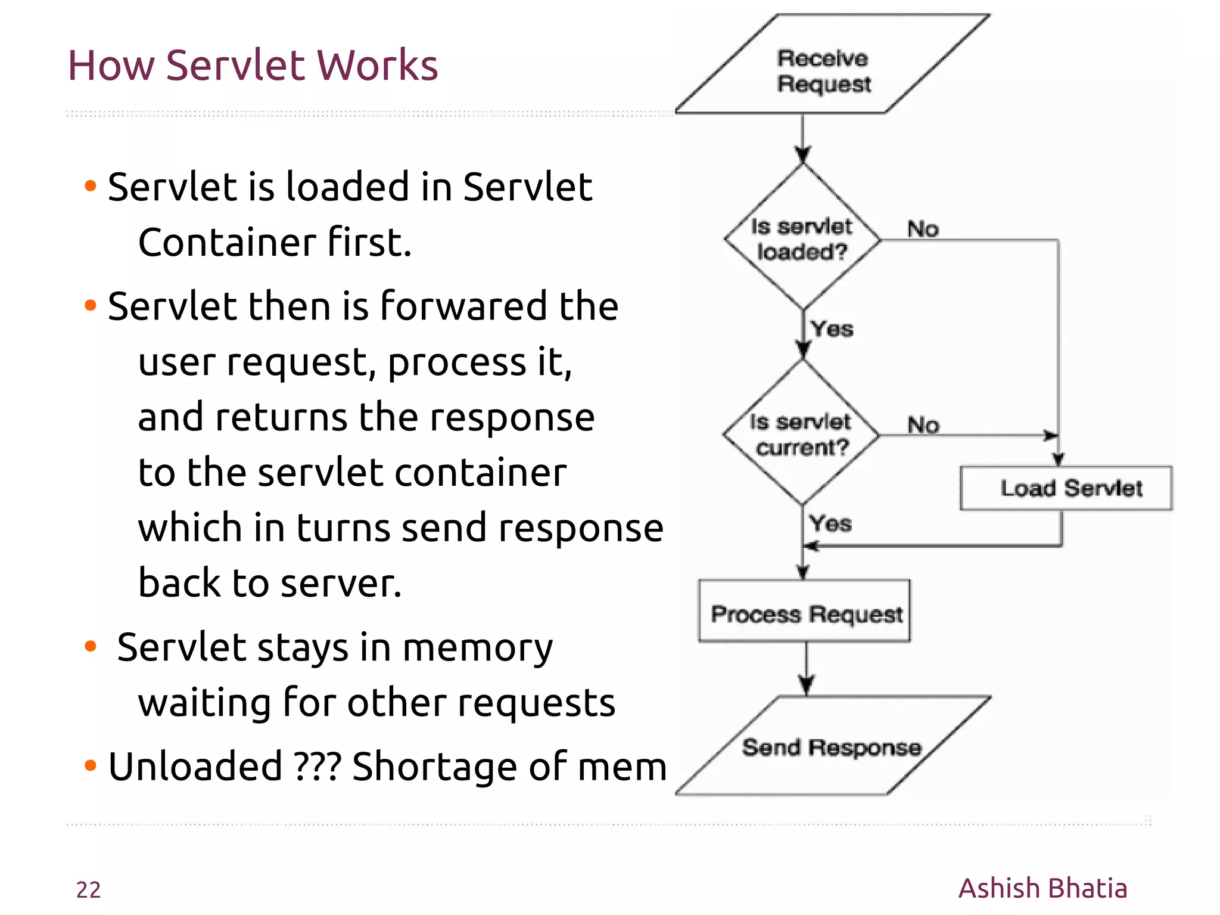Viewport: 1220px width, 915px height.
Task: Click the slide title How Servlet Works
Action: pos(253,65)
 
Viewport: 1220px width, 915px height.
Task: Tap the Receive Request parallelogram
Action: pos(825,71)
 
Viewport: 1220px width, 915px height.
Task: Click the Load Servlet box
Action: pos(1066,488)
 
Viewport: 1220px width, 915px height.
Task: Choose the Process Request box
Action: pos(805,613)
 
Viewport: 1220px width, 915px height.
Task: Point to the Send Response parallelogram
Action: pos(832,747)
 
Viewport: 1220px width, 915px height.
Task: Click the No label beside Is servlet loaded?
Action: pos(923,229)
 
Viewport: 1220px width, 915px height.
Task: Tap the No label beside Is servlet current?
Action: pos(923,425)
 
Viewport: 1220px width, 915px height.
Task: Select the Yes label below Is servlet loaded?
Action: pos(832,329)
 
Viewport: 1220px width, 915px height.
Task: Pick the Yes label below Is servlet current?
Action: pos(830,524)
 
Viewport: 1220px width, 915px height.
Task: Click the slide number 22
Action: pos(88,889)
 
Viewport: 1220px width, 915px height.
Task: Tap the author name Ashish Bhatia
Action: pos(1042,888)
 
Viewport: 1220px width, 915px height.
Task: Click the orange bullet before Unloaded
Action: pos(91,765)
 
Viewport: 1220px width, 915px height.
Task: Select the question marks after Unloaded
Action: pos(318,766)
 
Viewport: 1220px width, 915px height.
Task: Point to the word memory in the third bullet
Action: pos(478,647)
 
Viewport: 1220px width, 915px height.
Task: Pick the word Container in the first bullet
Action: pos(227,243)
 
